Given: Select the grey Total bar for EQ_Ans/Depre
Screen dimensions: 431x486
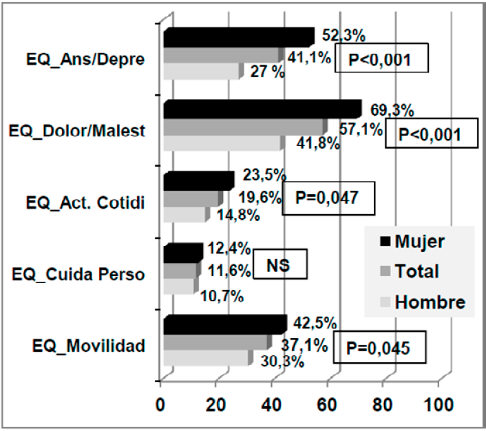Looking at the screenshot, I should [222, 55].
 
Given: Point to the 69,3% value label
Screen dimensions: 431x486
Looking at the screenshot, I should [389, 109].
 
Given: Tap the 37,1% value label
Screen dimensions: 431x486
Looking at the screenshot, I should [307, 344].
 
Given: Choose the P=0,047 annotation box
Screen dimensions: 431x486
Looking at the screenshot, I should [328, 198].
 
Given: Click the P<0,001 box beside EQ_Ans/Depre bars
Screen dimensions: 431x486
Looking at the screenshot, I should [381, 58].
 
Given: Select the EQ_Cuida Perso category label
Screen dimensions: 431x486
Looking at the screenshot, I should [78, 275].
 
